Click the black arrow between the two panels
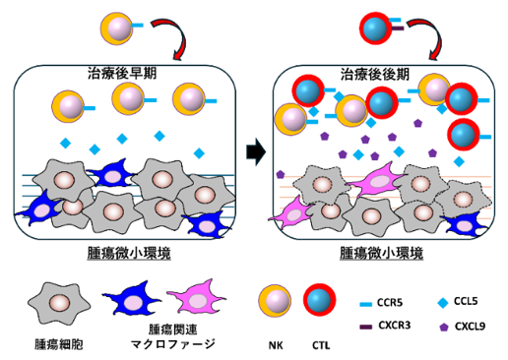pos(256,152)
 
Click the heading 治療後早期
pos(122,74)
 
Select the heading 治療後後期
pos(375,75)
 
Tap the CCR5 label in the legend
pos(390,302)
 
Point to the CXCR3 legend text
pos(395,326)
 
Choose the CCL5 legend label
pos(466,301)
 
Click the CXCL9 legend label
pos(470,327)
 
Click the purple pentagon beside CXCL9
pos(444,327)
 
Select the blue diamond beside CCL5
pos(443,303)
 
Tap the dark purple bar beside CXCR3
pos(366,327)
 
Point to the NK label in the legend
pos(276,345)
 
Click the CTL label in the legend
pos(321,345)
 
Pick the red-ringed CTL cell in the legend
pos(320,300)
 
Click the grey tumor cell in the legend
pos(59,303)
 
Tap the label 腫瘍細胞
pos(59,344)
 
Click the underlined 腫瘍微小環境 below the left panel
pos(129,254)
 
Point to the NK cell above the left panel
pos(116,29)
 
